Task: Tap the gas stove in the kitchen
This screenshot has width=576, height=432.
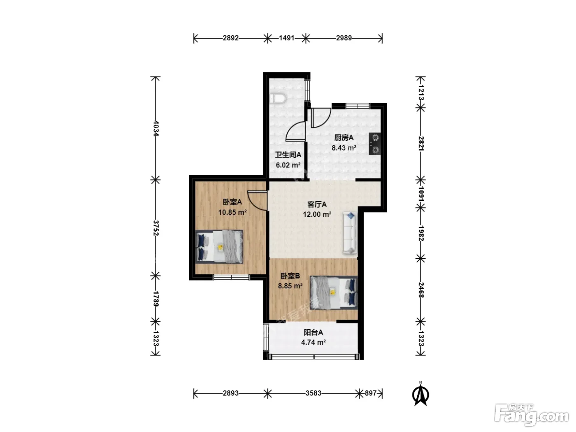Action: click(375, 144)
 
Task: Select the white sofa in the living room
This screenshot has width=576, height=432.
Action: click(350, 232)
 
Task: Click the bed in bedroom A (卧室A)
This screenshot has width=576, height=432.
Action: click(219, 246)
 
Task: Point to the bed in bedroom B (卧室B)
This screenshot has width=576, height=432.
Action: click(334, 293)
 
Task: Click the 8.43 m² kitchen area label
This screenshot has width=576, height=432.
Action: click(344, 148)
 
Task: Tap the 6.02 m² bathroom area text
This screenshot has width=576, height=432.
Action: click(288, 165)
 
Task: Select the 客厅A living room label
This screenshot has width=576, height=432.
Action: click(317, 204)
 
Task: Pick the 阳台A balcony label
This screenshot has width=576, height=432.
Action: click(314, 332)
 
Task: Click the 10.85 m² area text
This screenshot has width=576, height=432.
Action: click(232, 212)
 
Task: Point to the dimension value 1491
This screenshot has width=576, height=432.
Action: click(286, 38)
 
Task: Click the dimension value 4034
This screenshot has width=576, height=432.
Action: click(156, 128)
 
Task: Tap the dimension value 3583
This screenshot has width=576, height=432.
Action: click(314, 393)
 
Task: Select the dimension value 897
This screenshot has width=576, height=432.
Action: click(371, 393)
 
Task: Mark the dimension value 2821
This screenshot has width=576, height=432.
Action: click(421, 143)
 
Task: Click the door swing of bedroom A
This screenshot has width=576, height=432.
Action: click(258, 201)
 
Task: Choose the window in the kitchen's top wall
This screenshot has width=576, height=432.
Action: click(358, 106)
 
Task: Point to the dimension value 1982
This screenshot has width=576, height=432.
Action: click(421, 233)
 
